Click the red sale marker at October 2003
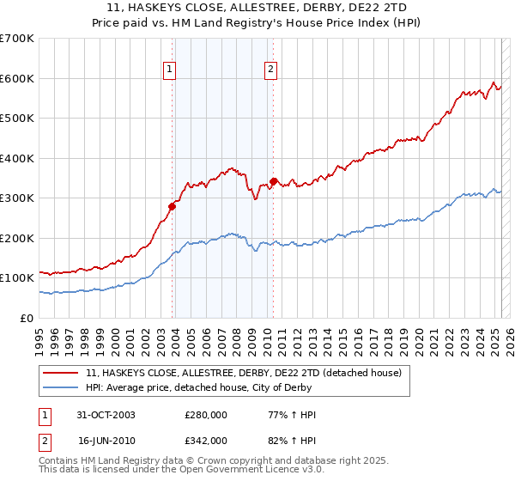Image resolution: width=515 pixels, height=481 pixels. coord(173,205)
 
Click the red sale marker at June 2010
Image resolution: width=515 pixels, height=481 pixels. coord(273,181)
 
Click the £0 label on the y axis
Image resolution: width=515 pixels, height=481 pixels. coord(27,318)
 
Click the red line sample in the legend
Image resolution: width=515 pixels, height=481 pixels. coord(60,373)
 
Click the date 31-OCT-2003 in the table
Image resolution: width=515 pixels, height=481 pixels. coord(106,415)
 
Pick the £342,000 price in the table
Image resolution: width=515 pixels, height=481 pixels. coord(206,440)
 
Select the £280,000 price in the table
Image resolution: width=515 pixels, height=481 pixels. coord(206,415)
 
